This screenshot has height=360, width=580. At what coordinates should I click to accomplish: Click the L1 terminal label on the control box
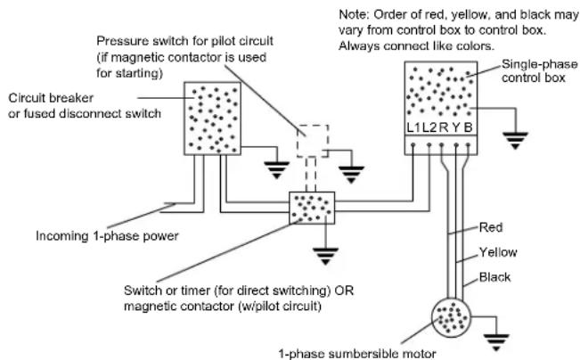point(413,127)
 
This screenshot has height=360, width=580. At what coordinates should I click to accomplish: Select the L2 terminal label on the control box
point(429,127)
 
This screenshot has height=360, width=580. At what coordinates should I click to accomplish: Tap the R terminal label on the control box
point(444,127)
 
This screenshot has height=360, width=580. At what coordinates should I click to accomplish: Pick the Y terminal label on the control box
point(456,127)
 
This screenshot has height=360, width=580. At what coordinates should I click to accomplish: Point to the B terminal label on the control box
point(469,127)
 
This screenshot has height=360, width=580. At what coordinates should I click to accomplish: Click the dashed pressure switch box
point(313,125)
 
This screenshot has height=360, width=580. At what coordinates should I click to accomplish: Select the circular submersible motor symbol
point(451,318)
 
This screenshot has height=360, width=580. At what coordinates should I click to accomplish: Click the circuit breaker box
point(213,119)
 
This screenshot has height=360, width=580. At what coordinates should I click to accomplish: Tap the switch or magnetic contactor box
point(312,208)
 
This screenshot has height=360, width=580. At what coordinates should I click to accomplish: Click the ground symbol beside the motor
point(496,342)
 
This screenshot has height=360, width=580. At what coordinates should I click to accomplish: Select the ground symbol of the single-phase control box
point(515,141)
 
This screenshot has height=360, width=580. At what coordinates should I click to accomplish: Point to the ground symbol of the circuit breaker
point(277,170)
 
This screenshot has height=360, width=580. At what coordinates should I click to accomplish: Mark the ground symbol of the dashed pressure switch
point(351,175)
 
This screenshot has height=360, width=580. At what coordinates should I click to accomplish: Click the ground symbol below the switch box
point(325,256)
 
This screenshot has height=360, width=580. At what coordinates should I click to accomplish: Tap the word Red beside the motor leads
point(491,227)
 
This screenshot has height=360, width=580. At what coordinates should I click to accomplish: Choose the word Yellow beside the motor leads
point(498,252)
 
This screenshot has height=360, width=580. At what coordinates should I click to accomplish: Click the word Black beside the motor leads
point(494,277)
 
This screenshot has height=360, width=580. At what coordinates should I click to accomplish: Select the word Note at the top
point(353,15)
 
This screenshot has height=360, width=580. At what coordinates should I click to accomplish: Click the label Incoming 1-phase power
point(107,236)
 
